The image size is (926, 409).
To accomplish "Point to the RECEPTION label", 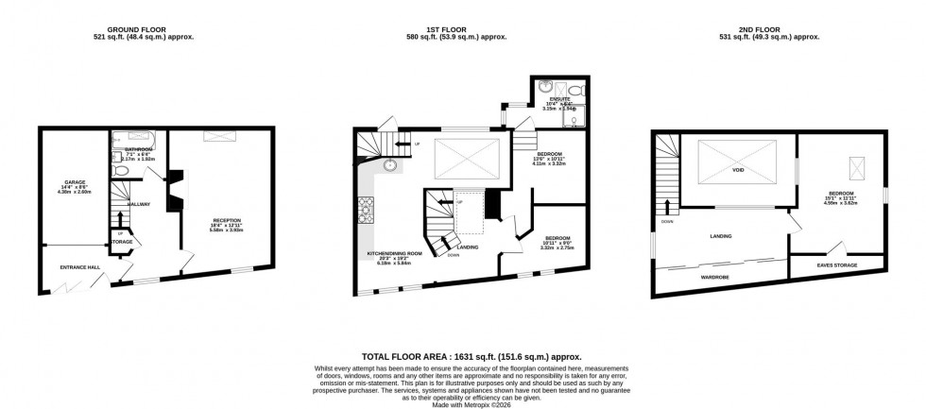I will point(227,223).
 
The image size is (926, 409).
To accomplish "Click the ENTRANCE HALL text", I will point(80,267).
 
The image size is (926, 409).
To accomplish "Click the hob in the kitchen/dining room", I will point(367,207).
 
